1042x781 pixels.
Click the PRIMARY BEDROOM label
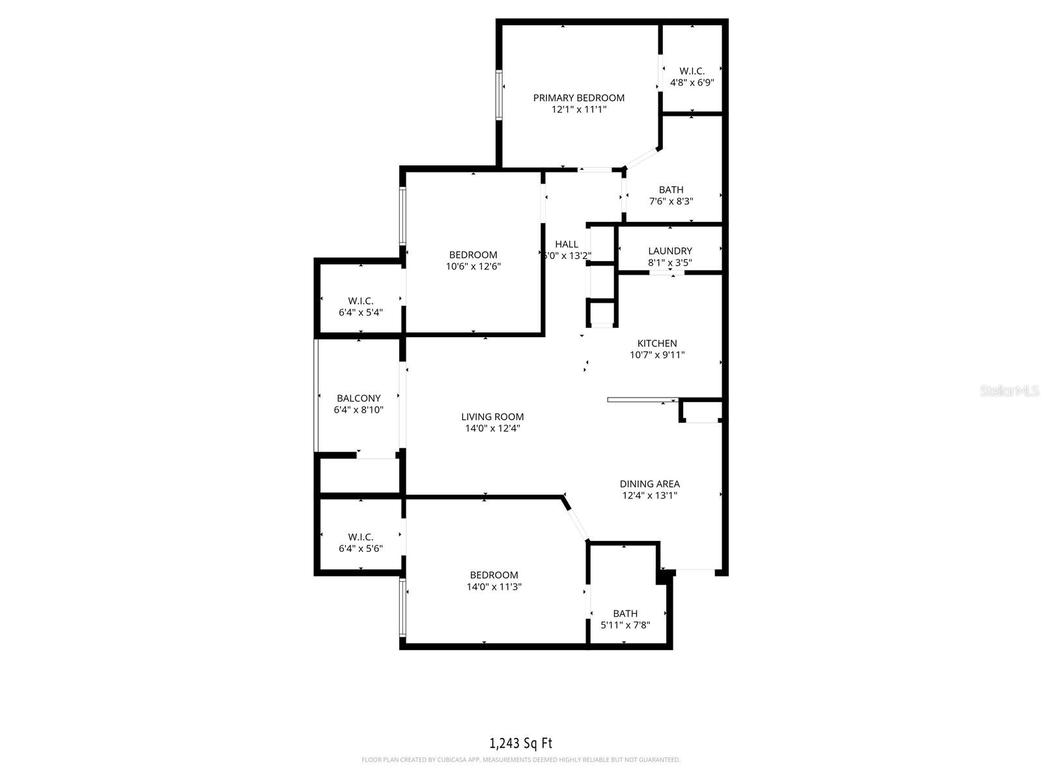point(578,98)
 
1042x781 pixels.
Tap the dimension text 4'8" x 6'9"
point(692,83)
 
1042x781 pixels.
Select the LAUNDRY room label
point(669,251)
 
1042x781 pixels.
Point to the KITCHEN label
point(656,343)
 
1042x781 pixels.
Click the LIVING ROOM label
point(492,417)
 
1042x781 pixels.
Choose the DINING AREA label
point(649,484)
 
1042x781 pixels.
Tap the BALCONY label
point(358,398)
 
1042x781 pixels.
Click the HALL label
point(566,244)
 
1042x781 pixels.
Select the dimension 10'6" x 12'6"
point(473,266)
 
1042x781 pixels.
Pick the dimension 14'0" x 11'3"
point(494,586)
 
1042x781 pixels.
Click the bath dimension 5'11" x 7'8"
point(625,625)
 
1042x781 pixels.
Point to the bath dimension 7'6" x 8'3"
point(671,201)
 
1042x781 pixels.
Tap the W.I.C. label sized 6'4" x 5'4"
point(360,301)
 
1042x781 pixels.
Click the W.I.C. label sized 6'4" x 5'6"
point(360,537)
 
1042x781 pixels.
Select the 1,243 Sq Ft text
point(520,743)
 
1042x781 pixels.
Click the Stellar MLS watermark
point(1009,391)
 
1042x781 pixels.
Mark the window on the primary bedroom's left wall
point(500,96)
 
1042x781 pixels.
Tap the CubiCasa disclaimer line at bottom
point(520,760)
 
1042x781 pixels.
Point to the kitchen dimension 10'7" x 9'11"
point(656,355)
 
